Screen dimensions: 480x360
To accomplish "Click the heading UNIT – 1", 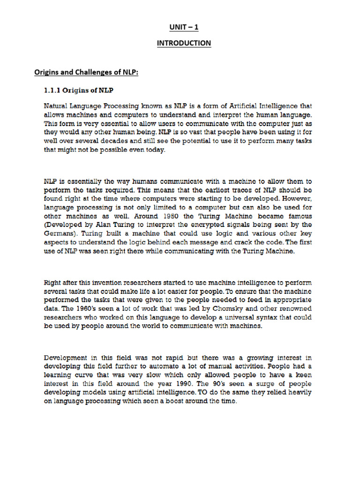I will [x=184, y=28].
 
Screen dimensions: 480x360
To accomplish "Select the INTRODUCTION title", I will [x=184, y=43].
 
